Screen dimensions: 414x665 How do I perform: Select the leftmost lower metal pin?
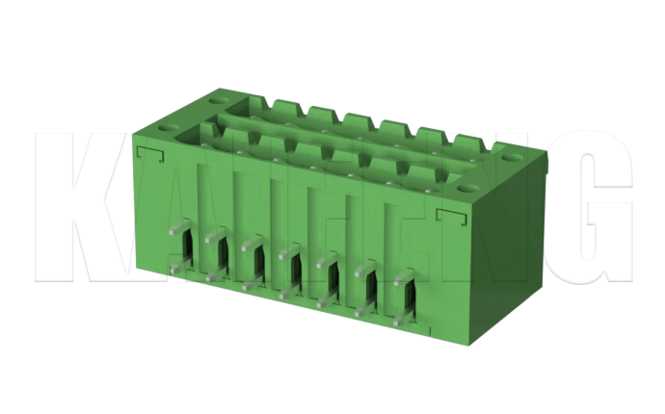(175, 270)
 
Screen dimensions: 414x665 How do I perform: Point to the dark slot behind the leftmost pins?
(190, 252)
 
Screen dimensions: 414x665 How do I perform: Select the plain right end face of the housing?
(509, 241)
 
